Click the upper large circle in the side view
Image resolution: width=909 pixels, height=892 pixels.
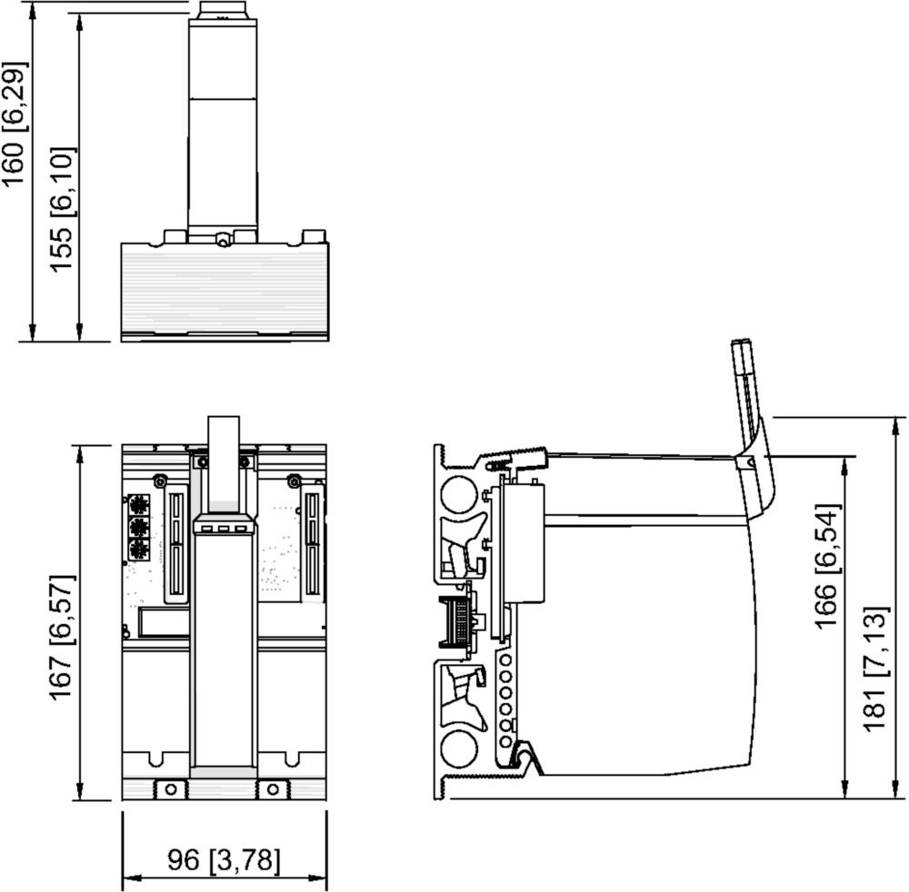coord(460,494)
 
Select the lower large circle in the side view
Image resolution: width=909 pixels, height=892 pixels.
coord(459,748)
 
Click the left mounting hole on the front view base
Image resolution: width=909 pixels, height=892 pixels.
coord(171,788)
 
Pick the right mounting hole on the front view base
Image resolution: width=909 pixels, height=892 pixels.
coord(273,788)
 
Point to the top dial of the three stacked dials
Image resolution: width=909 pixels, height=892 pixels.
coord(138,506)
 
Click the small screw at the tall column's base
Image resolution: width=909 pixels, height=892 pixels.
coord(221,239)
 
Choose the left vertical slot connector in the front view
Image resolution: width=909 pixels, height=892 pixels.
coord(177,544)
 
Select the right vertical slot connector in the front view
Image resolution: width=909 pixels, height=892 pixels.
coord(313,544)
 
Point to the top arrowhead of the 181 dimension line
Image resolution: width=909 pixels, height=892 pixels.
coord(896,428)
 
